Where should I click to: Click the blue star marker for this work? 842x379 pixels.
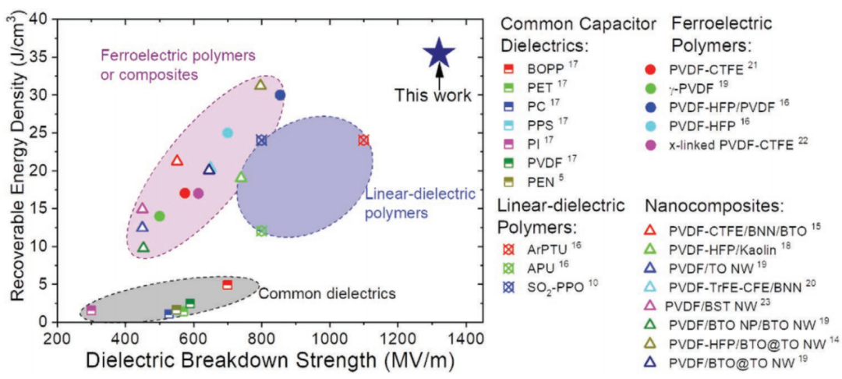pyautogui.click(x=438, y=53)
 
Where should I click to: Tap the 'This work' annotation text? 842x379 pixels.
pyautogui.click(x=433, y=96)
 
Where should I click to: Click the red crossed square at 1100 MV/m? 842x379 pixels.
pyautogui.click(x=363, y=140)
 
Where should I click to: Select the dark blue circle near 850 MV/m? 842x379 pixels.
pyautogui.click(x=280, y=94)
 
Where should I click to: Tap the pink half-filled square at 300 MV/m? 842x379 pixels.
pyautogui.click(x=91, y=310)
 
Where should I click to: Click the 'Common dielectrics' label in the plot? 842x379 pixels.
pyautogui.click(x=327, y=294)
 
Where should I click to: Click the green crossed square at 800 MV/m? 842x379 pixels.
pyautogui.click(x=261, y=231)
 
